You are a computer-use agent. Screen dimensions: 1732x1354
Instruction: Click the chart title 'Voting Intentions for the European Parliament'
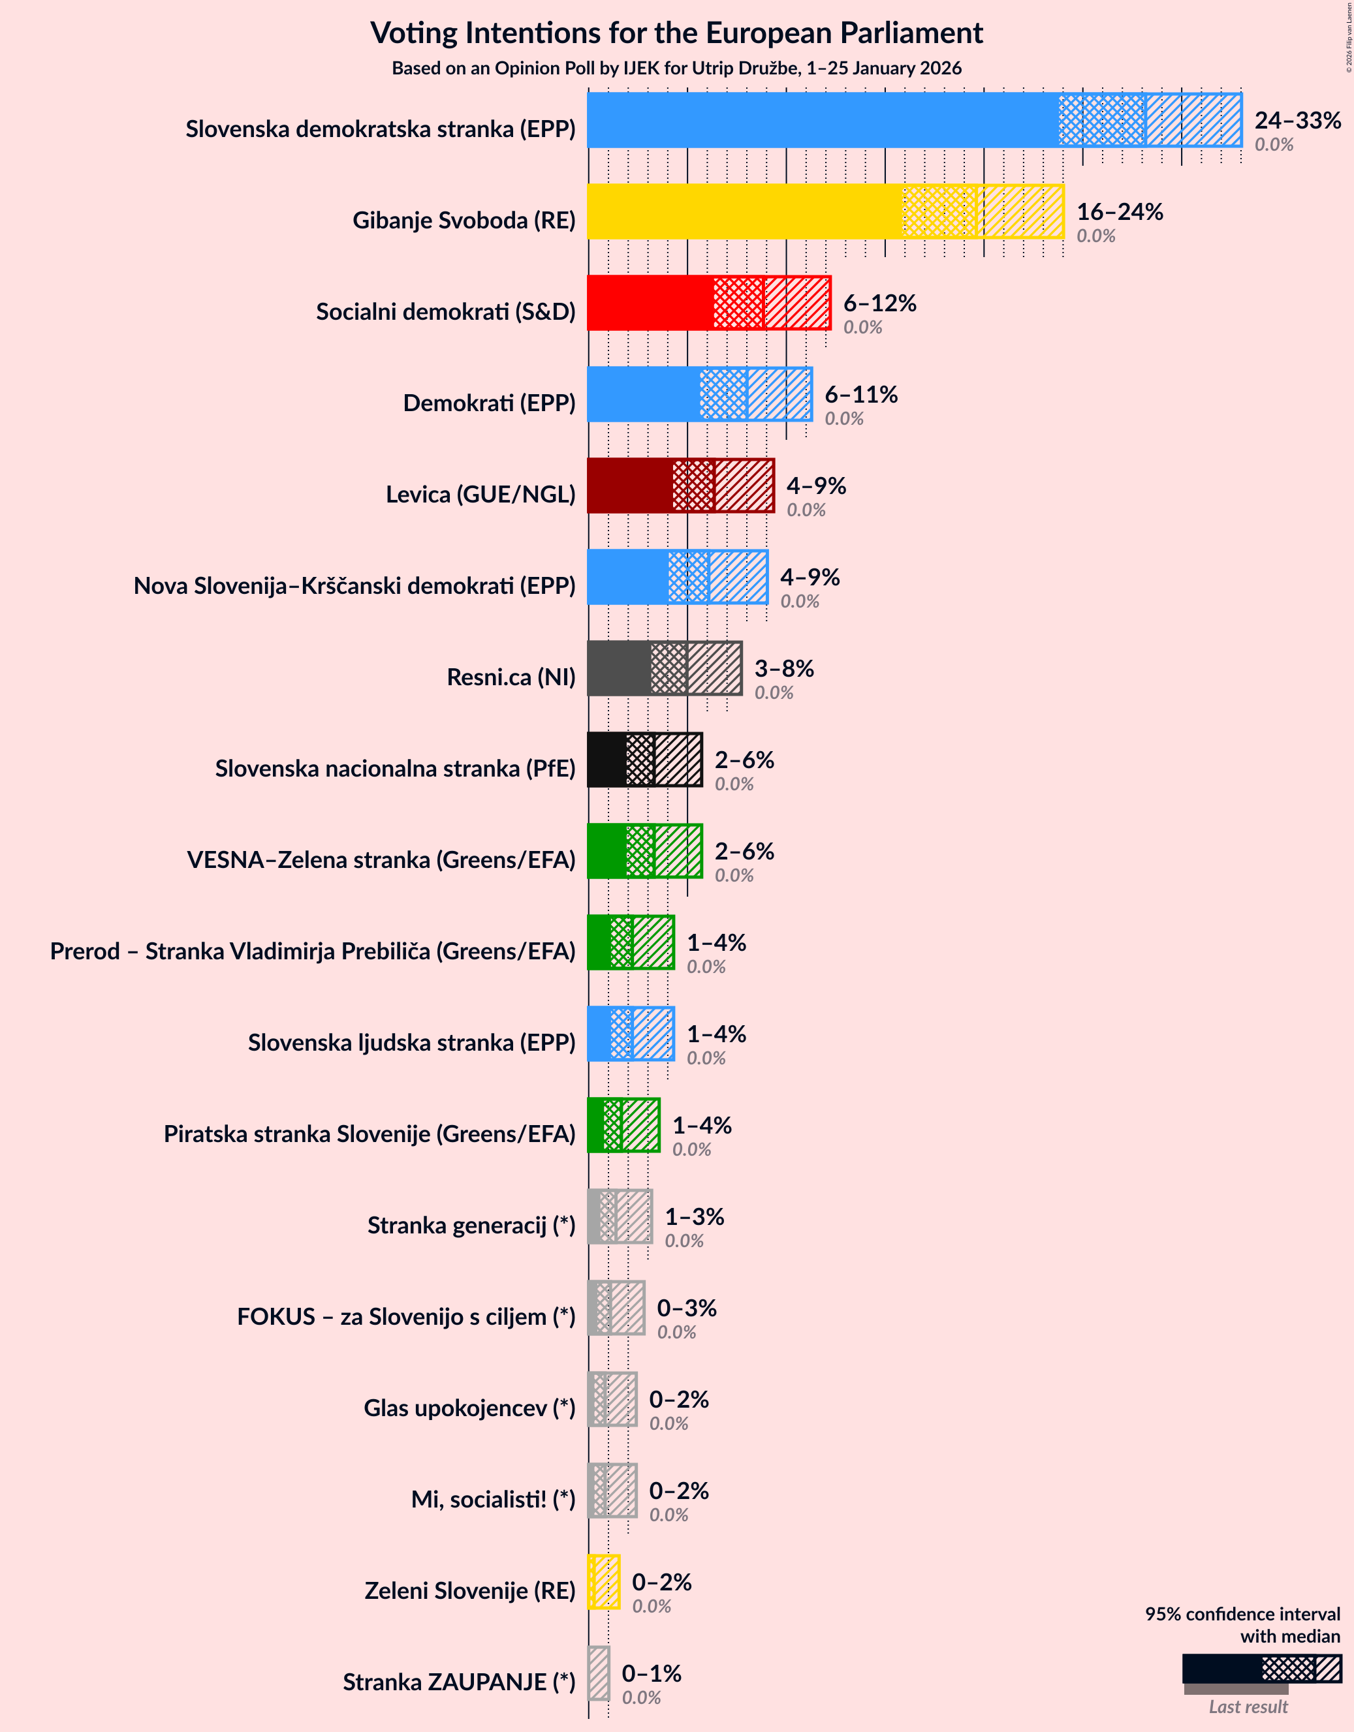[x=676, y=33]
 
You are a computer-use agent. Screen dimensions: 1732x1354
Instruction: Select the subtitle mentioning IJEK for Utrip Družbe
[x=676, y=69]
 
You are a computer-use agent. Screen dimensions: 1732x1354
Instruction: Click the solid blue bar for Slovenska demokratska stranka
[x=823, y=119]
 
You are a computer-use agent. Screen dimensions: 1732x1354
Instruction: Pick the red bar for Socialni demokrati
[x=650, y=303]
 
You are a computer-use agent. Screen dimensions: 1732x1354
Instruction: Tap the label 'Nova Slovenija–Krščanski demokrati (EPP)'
[x=354, y=586]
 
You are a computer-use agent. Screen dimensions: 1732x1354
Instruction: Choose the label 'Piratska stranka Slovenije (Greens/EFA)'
[x=369, y=1134]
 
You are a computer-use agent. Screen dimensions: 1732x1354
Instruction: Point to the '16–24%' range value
[x=1119, y=211]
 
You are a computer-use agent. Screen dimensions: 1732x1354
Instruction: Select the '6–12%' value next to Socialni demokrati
[x=879, y=302]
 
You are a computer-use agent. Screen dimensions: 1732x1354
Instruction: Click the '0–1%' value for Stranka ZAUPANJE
[x=652, y=1673]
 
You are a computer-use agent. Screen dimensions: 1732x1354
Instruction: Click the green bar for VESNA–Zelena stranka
[x=606, y=851]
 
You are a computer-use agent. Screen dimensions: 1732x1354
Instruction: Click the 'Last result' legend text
[x=1248, y=1707]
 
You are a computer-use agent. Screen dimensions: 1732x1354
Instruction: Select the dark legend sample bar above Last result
[x=1221, y=1669]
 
